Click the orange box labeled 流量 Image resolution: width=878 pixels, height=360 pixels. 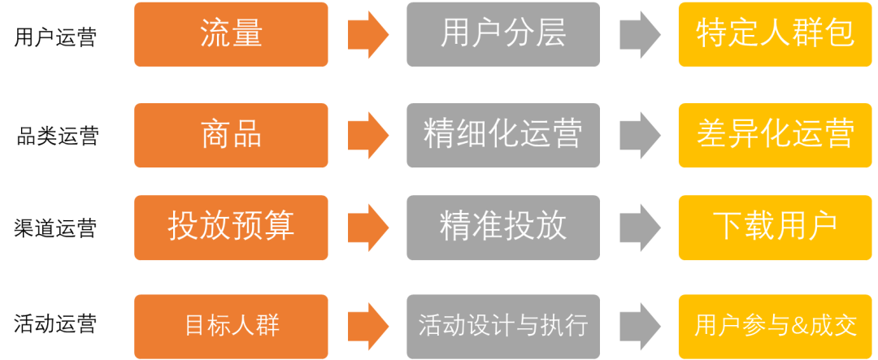(231, 34)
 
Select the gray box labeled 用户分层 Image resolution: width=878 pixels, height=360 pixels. (503, 34)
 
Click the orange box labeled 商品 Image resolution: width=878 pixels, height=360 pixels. (231, 135)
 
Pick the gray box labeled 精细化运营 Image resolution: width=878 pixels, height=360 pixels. (503, 135)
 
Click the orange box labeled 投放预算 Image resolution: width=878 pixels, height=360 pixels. (231, 228)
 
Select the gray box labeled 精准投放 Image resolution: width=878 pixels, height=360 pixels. (503, 228)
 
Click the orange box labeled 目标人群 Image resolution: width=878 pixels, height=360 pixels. (231, 327)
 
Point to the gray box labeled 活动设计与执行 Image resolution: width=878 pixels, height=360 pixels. (503, 327)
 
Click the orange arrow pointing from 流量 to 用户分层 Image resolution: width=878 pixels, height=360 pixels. (368, 35)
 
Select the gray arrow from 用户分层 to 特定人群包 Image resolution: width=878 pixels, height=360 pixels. (640, 35)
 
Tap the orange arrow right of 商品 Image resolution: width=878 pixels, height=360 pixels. (368, 135)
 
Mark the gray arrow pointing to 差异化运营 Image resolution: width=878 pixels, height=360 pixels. (640, 135)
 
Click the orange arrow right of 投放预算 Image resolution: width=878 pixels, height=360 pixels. (368, 228)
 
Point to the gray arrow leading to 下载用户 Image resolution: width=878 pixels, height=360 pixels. (640, 228)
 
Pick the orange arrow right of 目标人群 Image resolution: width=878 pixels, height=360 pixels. (368, 327)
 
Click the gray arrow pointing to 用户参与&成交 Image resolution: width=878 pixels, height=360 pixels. (640, 327)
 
